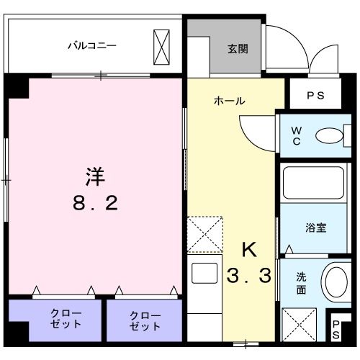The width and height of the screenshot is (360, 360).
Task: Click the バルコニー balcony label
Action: [92, 45]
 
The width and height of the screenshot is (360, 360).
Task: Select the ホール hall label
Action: [229, 101]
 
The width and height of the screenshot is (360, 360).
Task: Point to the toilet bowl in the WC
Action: [329, 135]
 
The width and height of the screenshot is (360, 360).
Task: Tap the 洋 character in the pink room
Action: [94, 176]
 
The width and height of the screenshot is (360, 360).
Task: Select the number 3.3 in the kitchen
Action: [248, 276]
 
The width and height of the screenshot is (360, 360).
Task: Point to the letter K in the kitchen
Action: [248, 250]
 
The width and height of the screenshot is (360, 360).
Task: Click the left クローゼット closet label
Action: [65, 320]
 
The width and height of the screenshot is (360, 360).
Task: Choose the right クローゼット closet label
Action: [145, 320]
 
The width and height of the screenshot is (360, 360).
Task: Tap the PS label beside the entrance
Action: [315, 94]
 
